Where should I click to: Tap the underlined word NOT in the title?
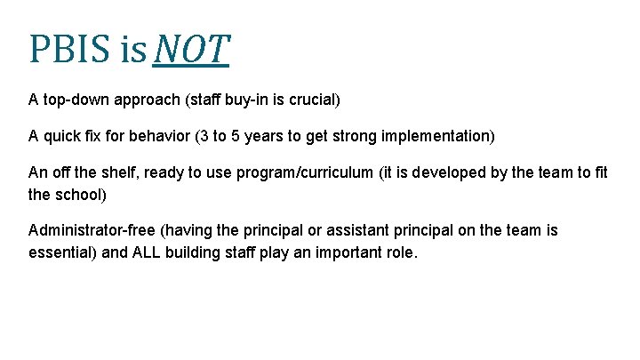[191, 50]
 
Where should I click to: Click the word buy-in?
[247, 100]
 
